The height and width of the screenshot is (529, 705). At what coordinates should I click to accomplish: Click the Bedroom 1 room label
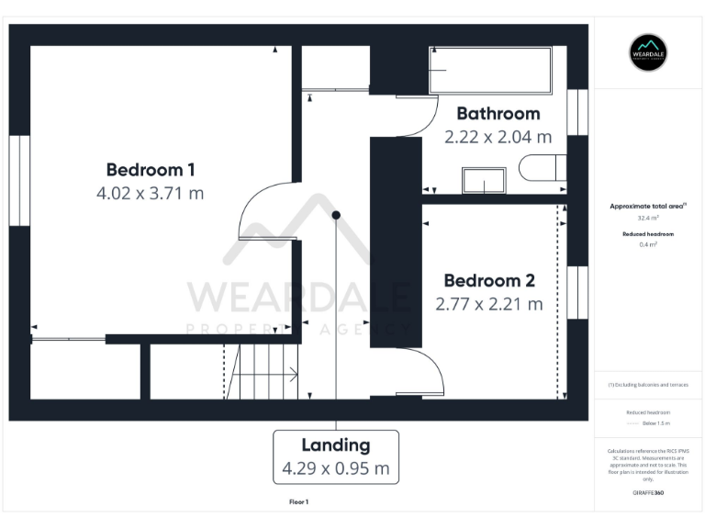[151, 170]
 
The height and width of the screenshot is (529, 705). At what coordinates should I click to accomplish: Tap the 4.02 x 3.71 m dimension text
[151, 194]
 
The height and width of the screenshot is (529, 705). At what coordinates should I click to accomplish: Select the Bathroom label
[498, 114]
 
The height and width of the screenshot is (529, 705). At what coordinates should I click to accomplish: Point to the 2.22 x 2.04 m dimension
[498, 137]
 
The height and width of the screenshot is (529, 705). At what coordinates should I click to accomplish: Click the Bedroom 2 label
[489, 281]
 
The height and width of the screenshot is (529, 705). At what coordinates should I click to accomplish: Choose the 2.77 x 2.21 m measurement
[489, 304]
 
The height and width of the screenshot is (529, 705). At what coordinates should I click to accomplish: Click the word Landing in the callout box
[336, 445]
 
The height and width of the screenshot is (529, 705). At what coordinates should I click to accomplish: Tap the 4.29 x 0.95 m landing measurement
[336, 468]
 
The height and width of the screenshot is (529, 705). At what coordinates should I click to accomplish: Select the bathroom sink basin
[484, 181]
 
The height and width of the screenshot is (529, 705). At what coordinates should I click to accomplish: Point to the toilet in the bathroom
[543, 168]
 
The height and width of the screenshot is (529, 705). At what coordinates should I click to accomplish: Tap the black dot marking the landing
[336, 215]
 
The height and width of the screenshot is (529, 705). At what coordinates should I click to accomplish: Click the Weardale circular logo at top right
[648, 52]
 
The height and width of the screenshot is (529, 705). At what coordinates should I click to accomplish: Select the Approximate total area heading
[648, 207]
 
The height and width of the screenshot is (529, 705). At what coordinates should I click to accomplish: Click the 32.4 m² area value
[648, 219]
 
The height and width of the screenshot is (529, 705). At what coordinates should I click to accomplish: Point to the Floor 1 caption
[298, 502]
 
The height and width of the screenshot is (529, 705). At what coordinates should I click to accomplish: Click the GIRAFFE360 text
[648, 493]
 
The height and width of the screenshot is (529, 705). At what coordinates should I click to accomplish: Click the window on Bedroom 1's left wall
[19, 180]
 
